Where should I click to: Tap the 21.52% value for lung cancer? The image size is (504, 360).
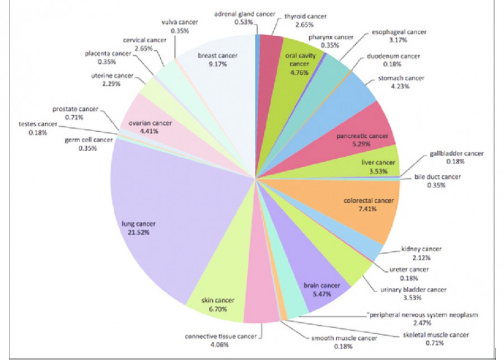136,232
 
